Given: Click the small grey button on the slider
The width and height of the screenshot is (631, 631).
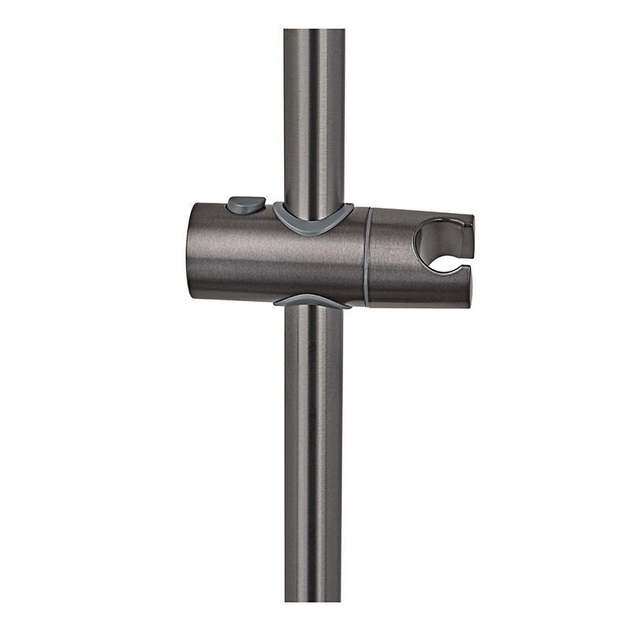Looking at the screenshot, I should pos(245,205).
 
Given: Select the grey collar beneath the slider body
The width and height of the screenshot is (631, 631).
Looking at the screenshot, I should pos(312,301).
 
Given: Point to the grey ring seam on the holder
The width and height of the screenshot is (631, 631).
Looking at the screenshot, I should pos(367,256).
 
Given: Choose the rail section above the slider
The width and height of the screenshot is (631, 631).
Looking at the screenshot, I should pos(314,118).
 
